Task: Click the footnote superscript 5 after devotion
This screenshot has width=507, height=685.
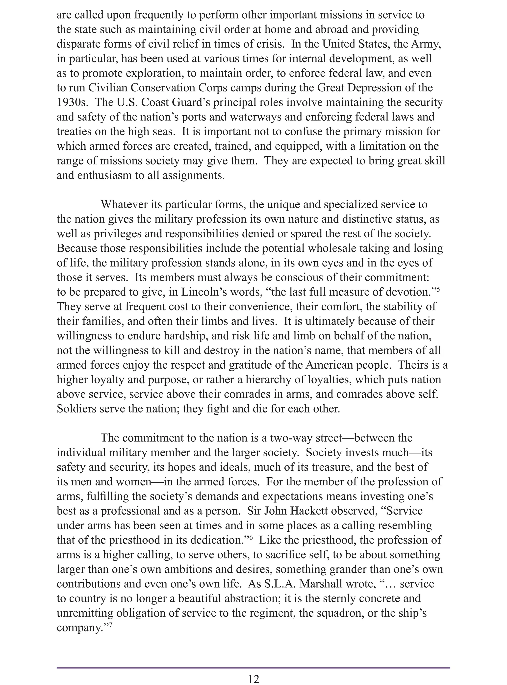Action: coord(438,288)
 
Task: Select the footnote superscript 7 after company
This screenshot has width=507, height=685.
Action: coord(110,624)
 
